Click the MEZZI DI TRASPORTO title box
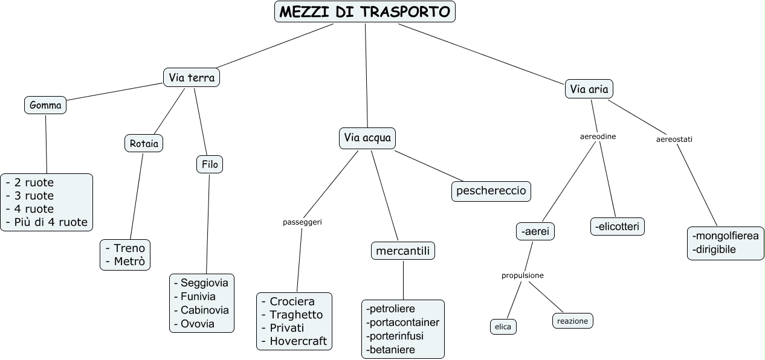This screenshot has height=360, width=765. coord(365,11)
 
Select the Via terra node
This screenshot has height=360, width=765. coord(191,77)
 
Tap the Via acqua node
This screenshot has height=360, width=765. coord(367,138)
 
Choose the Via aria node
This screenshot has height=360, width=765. coord(589,89)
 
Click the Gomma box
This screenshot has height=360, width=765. coord(45,106)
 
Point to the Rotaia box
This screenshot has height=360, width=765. coord(144,143)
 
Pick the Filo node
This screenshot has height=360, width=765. coord(210,164)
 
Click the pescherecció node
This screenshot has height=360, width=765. coord(491,191)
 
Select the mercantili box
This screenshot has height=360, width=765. coord(403,251)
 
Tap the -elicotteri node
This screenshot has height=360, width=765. coord(618,227)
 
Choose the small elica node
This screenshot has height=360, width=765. coord(503,327)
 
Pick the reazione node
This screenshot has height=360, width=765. coord(572,321)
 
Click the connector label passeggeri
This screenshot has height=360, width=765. coord(302,222)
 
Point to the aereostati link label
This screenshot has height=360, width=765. coord(674,139)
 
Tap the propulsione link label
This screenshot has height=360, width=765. coord(523,275)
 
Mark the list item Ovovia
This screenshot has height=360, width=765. coord(198,324)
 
